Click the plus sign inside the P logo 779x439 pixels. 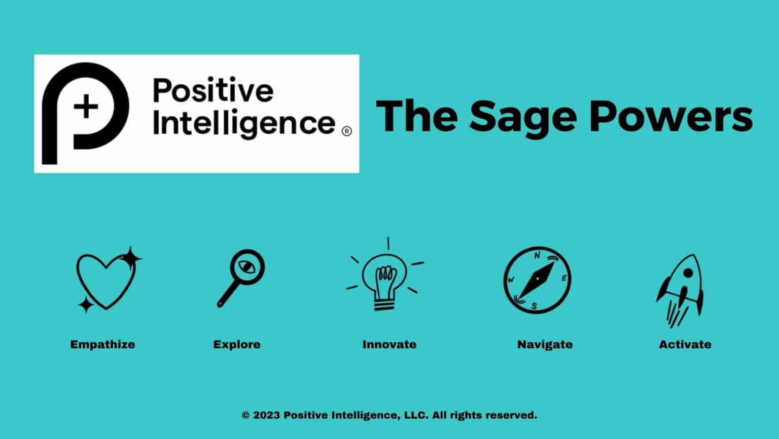click(x=86, y=107)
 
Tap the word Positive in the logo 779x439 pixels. click(x=213, y=91)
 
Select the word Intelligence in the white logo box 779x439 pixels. click(x=243, y=123)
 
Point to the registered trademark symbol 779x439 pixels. click(x=347, y=131)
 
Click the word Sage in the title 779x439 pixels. click(x=523, y=117)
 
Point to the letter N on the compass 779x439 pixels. click(x=538, y=256)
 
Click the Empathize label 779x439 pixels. click(x=102, y=345)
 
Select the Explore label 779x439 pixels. click(x=237, y=345)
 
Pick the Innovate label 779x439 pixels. click(x=389, y=345)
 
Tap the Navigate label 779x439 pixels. click(x=545, y=345)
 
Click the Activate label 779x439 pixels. click(x=685, y=345)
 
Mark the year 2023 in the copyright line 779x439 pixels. click(x=266, y=415)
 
